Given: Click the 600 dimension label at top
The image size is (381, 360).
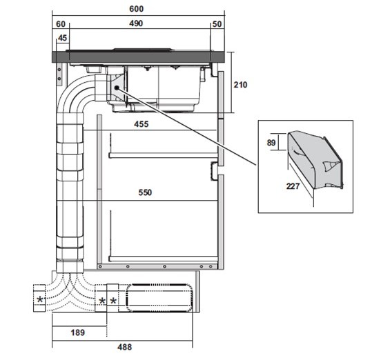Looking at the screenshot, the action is pyautogui.click(x=136, y=9).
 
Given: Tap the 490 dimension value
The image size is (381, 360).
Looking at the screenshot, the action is pyautogui.click(x=136, y=23).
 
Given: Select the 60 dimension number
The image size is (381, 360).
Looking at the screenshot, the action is pyautogui.click(x=61, y=24).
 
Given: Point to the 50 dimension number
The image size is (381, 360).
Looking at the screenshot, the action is pyautogui.click(x=217, y=24).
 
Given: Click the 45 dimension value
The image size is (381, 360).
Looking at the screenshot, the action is pyautogui.click(x=62, y=38).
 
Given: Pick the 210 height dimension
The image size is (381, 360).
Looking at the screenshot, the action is pyautogui.click(x=241, y=85).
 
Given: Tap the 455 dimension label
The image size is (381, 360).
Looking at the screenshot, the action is pyautogui.click(x=141, y=124).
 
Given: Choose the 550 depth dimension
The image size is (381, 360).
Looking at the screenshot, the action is pyautogui.click(x=145, y=192).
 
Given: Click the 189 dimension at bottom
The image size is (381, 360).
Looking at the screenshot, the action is pyautogui.click(x=78, y=332).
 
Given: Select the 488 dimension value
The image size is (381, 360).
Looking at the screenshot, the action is pyautogui.click(x=125, y=347).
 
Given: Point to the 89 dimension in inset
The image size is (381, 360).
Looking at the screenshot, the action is pyautogui.click(x=271, y=143).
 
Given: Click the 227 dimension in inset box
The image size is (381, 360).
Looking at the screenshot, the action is pyautogui.click(x=293, y=186).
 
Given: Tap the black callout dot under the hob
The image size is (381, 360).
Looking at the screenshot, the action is pyautogui.click(x=117, y=88).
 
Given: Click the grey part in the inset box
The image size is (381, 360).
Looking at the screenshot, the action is pyautogui.click(x=315, y=160).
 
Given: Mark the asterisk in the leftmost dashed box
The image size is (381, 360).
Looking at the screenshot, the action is pyautogui.click(x=40, y=300).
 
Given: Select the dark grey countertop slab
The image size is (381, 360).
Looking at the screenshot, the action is pyautogui.click(x=138, y=57).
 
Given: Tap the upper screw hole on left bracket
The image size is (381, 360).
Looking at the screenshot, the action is pyautogui.click(x=59, y=70).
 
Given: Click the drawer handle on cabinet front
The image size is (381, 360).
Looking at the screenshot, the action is pyautogui.click(x=214, y=171).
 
